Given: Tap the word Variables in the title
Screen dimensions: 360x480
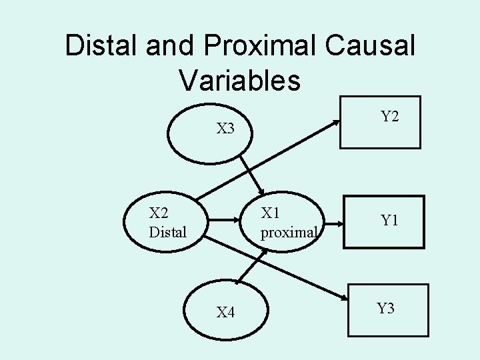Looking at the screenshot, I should click(239, 79).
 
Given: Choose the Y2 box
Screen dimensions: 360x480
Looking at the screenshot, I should click(381, 121).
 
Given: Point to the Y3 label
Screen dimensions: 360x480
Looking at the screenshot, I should click(385, 308).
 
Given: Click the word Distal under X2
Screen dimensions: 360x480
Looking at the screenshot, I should click(168, 233).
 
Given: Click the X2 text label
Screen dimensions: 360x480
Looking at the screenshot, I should click(159, 213).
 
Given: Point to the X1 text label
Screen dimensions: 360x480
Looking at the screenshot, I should click(271, 213).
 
